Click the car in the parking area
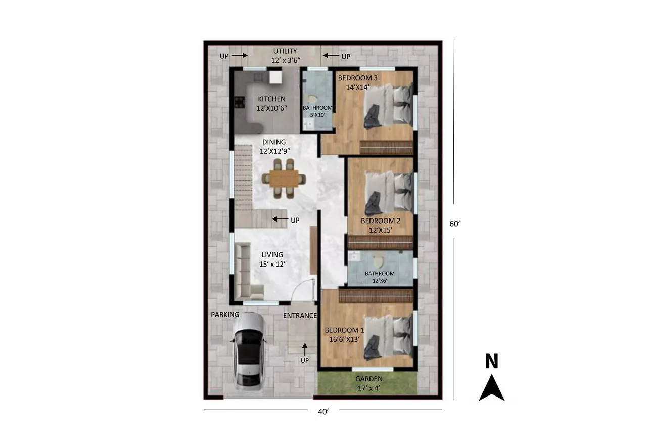coord(249,351)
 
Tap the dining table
coord(284,179)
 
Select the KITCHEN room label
coord(271,99)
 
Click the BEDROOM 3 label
coord(357,78)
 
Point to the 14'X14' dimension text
coord(357,87)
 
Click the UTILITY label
coord(285,51)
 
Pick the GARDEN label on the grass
coord(369,379)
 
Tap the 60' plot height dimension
coord(454,224)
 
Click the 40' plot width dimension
coord(323,411)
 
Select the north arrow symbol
coord(492,388)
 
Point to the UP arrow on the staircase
coord(280,219)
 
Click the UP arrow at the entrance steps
coord(305,349)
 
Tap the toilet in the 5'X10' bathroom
coord(311,100)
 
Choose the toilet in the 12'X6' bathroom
coord(378,261)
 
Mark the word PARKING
coord(225,315)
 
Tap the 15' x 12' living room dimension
coord(272,264)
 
